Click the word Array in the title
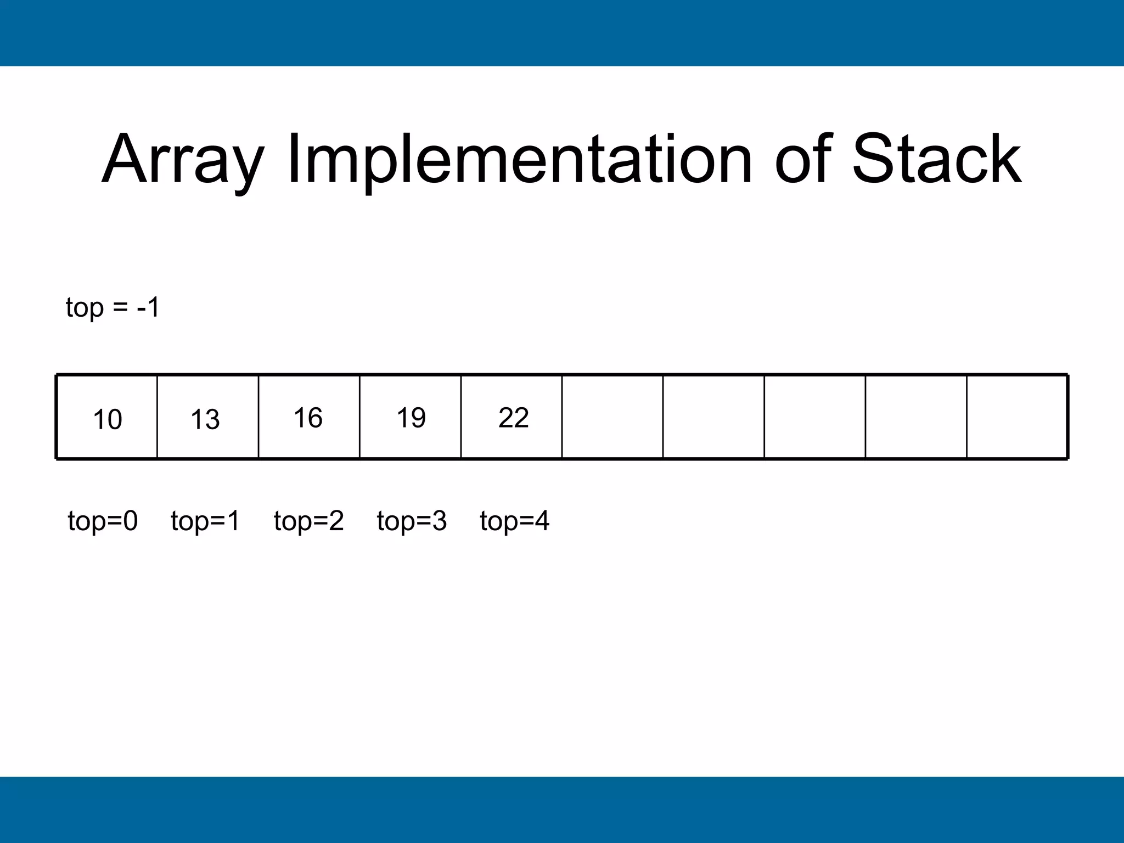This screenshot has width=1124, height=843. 183,160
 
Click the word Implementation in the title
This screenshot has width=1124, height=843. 519,160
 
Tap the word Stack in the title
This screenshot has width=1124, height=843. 936,160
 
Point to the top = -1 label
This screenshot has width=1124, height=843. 113,307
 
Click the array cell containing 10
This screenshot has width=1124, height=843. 107,417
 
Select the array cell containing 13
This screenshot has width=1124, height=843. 208,417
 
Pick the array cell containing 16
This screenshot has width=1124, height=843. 309,417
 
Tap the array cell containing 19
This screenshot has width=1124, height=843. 411,417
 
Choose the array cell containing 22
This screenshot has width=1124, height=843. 512,417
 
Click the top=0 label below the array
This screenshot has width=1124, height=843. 103,520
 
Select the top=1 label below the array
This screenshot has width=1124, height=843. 205,520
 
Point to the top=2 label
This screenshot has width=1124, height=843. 308,520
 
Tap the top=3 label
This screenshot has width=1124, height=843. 412,520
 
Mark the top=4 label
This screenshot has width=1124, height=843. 514,520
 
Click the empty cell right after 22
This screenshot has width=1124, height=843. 612,417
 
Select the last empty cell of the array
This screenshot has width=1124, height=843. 1017,417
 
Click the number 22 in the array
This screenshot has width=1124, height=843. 513,418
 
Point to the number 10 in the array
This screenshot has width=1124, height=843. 107,420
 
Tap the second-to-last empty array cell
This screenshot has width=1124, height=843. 916,417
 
